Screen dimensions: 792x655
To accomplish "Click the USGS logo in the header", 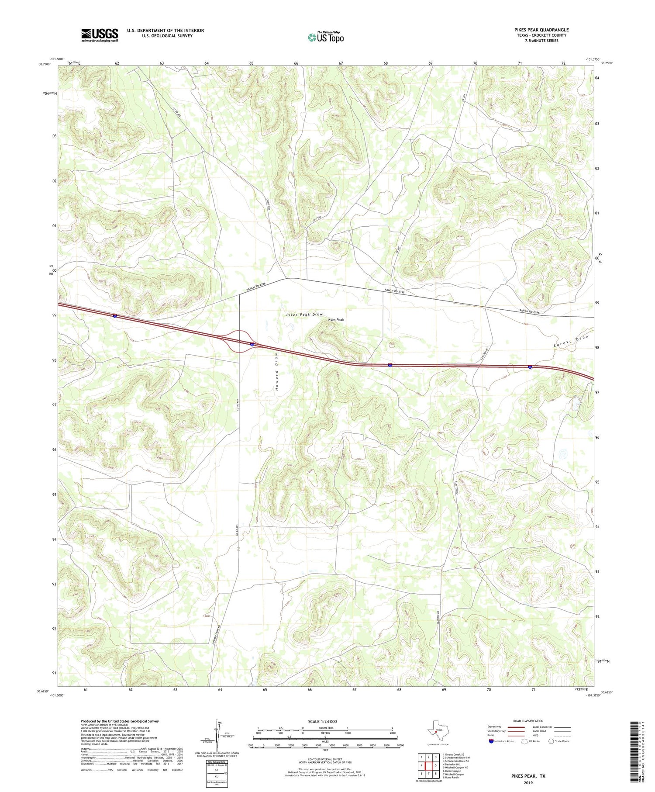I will [100, 35].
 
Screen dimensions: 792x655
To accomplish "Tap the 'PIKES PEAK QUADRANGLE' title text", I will [541, 30].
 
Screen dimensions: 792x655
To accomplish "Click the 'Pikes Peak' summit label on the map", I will [335, 320].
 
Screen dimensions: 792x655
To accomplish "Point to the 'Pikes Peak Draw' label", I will [304, 315].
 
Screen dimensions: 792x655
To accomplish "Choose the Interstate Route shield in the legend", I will [491, 741].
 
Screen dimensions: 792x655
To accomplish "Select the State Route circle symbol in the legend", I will [551, 741].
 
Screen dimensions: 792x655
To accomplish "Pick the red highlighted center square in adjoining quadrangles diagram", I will [428, 765].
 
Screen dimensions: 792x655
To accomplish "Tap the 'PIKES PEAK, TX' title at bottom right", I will [528, 776].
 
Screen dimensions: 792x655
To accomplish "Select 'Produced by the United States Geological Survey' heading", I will [119, 721].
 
